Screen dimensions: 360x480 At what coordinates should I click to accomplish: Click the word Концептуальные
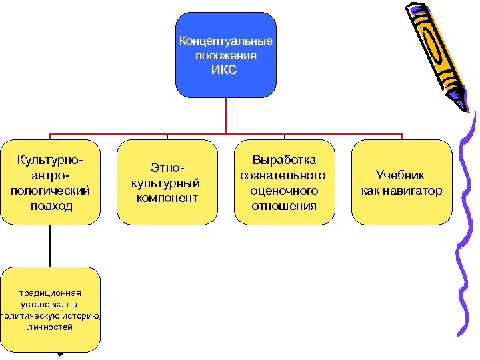[x=225, y=41]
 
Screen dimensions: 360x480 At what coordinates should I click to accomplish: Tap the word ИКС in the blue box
[x=225, y=70]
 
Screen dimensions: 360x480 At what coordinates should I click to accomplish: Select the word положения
[x=225, y=56]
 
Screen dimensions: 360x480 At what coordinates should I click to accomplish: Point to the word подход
[x=51, y=206]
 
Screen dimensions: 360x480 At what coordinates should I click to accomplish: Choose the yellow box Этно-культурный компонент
[x=167, y=181]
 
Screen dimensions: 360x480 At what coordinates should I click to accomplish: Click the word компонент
[x=167, y=198]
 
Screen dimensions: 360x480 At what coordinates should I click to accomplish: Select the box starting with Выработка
[x=284, y=181]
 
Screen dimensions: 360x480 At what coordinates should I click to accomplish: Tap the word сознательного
[x=284, y=175]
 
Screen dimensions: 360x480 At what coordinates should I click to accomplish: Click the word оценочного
[x=284, y=191]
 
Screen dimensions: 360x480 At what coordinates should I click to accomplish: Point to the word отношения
[x=284, y=206]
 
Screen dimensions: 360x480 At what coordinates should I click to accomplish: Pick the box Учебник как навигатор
[x=401, y=181]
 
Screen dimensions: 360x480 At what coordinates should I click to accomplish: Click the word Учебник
[x=401, y=175]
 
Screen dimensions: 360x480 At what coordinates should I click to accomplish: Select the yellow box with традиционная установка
[x=51, y=309]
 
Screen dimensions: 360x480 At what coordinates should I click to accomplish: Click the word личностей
[x=51, y=327]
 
